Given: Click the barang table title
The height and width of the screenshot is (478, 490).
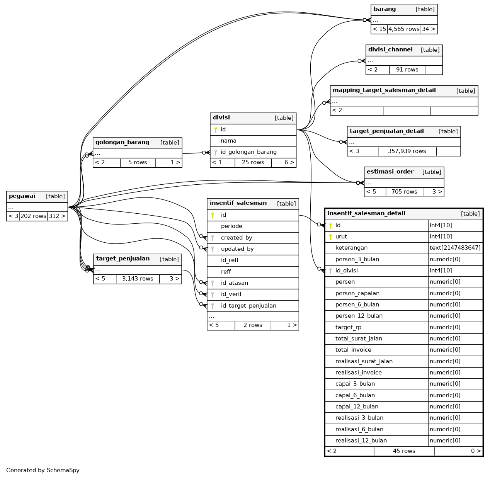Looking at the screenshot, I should tap(385, 9).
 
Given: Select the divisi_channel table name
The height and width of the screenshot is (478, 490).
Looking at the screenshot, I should tap(390, 50).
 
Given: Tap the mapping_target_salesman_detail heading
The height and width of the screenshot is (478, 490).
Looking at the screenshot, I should tap(384, 90).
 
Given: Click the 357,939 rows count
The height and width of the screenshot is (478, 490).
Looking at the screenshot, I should tap(407, 151).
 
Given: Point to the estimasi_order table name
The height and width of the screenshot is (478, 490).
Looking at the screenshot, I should tap(390, 172).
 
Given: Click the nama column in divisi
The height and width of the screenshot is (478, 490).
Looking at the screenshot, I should tap(228, 141).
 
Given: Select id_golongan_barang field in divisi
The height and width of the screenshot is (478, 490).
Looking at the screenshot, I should tap(248, 152).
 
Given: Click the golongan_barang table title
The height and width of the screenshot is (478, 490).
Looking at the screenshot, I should tap(122, 143).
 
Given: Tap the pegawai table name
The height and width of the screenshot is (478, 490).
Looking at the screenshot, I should tap(22, 196).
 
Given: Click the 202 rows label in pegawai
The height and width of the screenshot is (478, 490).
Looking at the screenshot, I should tap(33, 216).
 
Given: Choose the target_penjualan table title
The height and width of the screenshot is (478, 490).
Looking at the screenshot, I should tap(122, 259).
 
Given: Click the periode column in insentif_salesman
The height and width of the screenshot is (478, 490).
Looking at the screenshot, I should tap(231, 226).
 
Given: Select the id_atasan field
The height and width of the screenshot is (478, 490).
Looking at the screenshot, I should tap(234, 283).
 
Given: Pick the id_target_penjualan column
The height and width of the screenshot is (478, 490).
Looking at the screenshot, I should tap(248, 306).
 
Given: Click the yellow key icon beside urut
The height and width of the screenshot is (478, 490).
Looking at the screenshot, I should tap(330, 237).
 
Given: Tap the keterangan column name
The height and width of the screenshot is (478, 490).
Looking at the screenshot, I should tap(351, 248).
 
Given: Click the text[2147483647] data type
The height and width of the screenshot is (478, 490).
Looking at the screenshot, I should tap(455, 248).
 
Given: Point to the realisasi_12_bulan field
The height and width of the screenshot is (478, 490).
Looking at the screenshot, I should tap(361, 441).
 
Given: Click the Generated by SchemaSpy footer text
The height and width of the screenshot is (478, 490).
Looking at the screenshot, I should tap(43, 471).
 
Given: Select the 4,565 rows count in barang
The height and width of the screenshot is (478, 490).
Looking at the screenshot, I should tap(404, 29).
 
